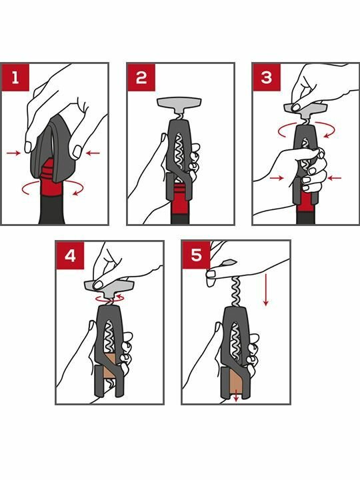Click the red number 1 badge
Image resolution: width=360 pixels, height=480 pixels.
point(15,77)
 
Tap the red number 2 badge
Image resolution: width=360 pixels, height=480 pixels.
point(141,77)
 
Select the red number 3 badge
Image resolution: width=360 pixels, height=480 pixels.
point(267,77)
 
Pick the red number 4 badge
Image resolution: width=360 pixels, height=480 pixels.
point(70,255)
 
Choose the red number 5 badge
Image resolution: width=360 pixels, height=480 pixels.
point(196,255)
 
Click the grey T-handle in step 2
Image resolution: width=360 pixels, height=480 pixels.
point(179,105)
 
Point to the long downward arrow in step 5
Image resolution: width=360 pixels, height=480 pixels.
point(266,290)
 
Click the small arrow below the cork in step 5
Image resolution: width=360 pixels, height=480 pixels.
point(236,397)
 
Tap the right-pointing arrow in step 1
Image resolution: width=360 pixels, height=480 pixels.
point(13,153)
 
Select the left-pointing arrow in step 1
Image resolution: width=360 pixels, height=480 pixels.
point(93,153)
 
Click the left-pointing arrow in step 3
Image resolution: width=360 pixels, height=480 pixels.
point(334,178)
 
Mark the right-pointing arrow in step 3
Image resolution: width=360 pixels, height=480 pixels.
point(277,178)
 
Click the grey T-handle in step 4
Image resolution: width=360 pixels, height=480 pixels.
point(109,289)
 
